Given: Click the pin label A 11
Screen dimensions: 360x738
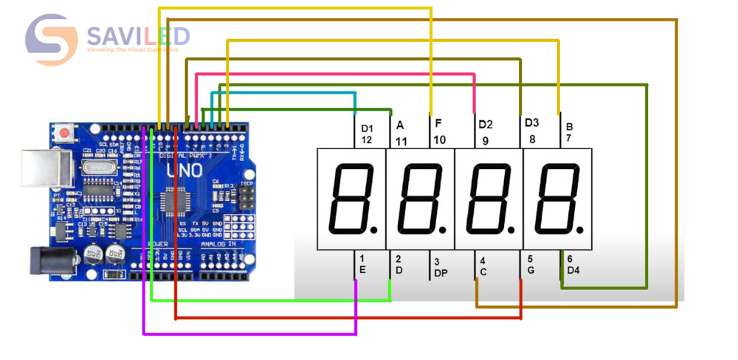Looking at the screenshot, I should [x=401, y=133].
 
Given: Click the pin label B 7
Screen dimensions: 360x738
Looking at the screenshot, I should [x=569, y=131].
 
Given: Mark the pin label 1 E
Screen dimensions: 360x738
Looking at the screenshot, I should [x=362, y=264].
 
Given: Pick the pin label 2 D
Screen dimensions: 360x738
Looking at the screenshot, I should [x=398, y=264].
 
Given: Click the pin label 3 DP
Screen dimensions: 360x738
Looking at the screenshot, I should [x=440, y=267].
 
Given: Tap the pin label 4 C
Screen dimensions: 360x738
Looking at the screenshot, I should [x=483, y=266].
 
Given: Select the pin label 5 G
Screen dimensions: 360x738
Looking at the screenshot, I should [x=530, y=264].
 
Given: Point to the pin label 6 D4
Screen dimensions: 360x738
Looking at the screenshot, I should [x=573, y=264].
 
